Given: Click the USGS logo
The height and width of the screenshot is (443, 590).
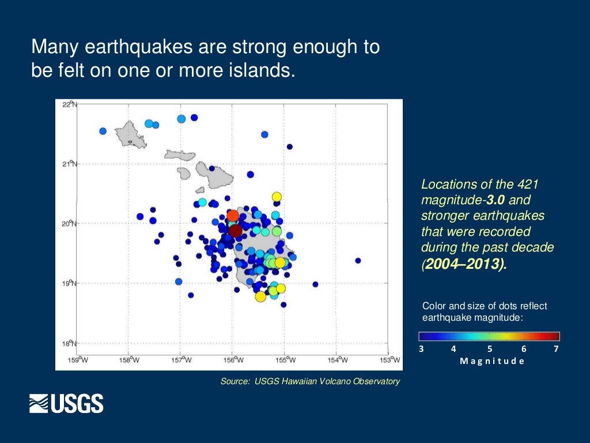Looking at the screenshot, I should click(x=66, y=403).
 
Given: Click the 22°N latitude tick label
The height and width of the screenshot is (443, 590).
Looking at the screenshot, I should click(x=69, y=104).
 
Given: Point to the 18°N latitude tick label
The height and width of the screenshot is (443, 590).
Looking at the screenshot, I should click(x=69, y=343).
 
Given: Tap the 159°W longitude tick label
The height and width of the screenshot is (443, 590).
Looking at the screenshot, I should click(x=78, y=360).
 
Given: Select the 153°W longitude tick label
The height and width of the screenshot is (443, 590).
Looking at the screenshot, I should click(x=391, y=360).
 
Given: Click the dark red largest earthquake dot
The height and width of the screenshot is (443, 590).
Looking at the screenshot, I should click(x=235, y=231).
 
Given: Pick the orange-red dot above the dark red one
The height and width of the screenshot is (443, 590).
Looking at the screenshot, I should click(x=233, y=216).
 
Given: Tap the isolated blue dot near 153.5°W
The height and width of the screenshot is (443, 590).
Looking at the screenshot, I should click(x=358, y=261).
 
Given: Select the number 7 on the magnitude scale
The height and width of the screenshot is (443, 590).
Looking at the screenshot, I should click(x=556, y=348).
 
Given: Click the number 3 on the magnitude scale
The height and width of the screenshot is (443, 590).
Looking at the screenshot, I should click(x=421, y=348).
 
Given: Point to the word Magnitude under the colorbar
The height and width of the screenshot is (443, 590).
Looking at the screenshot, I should click(x=492, y=361).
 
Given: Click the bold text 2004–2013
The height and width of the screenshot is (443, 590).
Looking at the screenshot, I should click(x=465, y=264).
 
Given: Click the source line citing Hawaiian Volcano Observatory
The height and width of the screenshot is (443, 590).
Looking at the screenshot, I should click(x=309, y=381).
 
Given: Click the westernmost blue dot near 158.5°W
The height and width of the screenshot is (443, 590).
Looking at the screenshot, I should click(x=103, y=131).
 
